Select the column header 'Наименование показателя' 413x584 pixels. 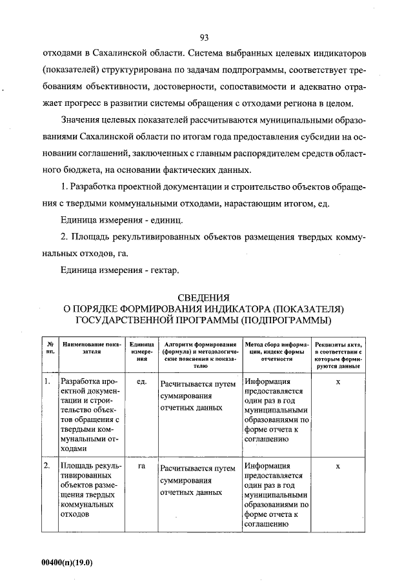point(91,348)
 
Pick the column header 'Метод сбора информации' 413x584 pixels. point(275,348)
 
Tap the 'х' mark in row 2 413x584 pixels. point(338,466)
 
